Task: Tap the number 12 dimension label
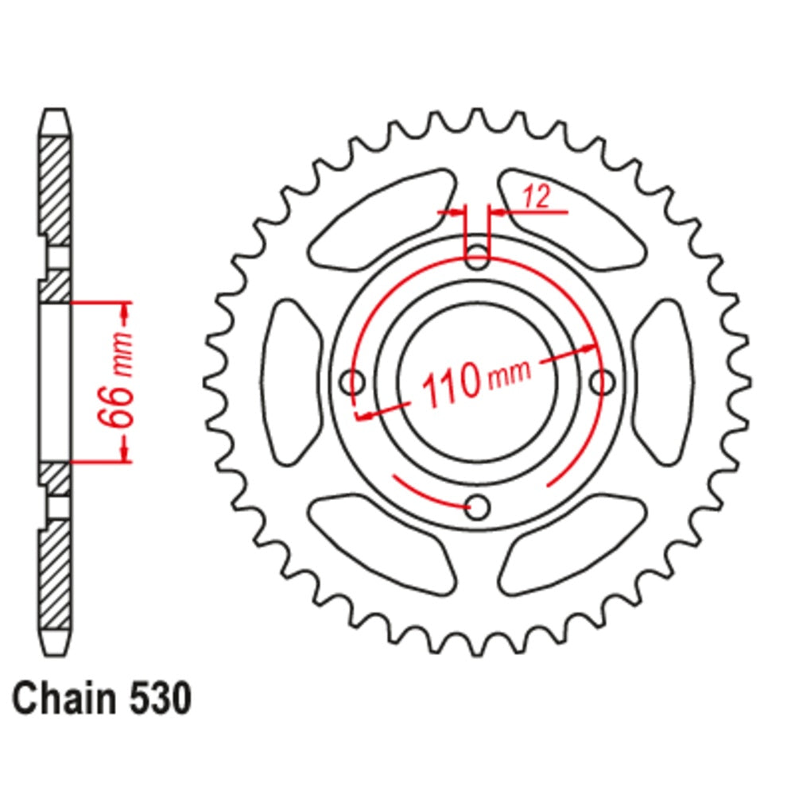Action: point(537,198)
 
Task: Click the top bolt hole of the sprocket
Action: point(477,257)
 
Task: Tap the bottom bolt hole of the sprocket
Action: point(477,506)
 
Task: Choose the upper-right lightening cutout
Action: point(571,216)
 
